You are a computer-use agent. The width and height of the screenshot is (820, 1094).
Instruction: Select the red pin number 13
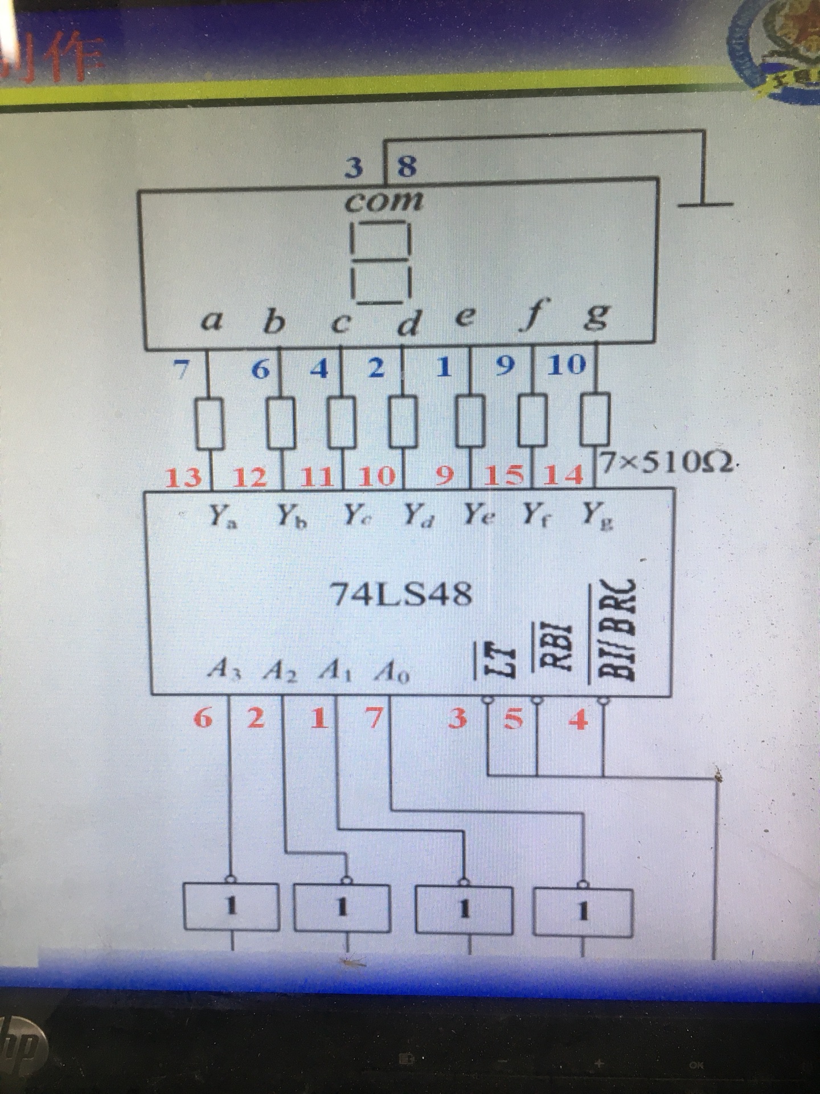click(183, 477)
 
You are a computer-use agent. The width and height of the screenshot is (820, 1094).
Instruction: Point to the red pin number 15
click(503, 476)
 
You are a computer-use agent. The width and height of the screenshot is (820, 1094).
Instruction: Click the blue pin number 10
click(566, 365)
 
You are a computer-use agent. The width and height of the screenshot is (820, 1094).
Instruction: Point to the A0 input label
click(391, 672)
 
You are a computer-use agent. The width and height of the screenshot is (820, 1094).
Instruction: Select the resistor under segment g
click(595, 422)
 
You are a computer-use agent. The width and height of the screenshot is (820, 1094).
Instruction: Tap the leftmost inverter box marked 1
click(231, 906)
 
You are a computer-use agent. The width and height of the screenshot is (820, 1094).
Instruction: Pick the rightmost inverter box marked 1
click(583, 912)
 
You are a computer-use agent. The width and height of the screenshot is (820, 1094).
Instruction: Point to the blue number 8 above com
click(407, 166)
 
